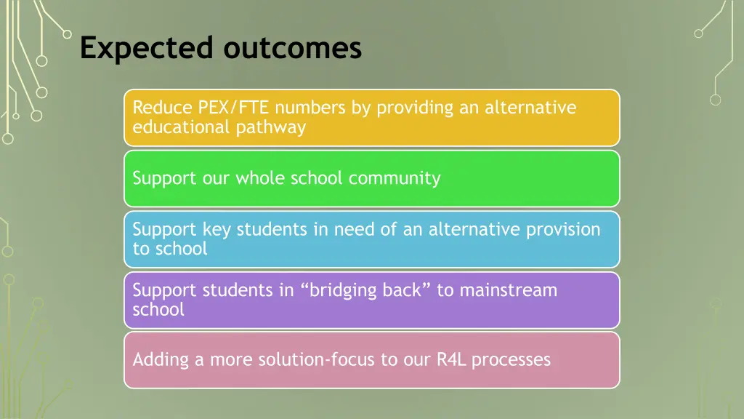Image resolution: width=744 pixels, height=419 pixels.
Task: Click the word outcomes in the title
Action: coord(292,49)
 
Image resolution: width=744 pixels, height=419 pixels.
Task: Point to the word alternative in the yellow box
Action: coord(530,108)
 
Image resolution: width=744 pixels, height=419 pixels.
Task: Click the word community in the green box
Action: coord(395,178)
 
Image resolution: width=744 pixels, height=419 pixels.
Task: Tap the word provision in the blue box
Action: coord(563,230)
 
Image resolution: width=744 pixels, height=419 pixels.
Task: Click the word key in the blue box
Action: coord(216,230)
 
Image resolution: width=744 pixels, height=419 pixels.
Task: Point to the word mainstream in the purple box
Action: coord(508,290)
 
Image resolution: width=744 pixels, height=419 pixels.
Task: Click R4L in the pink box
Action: coord(451,359)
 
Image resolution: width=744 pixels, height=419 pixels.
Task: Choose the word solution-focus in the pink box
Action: coord(330,359)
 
